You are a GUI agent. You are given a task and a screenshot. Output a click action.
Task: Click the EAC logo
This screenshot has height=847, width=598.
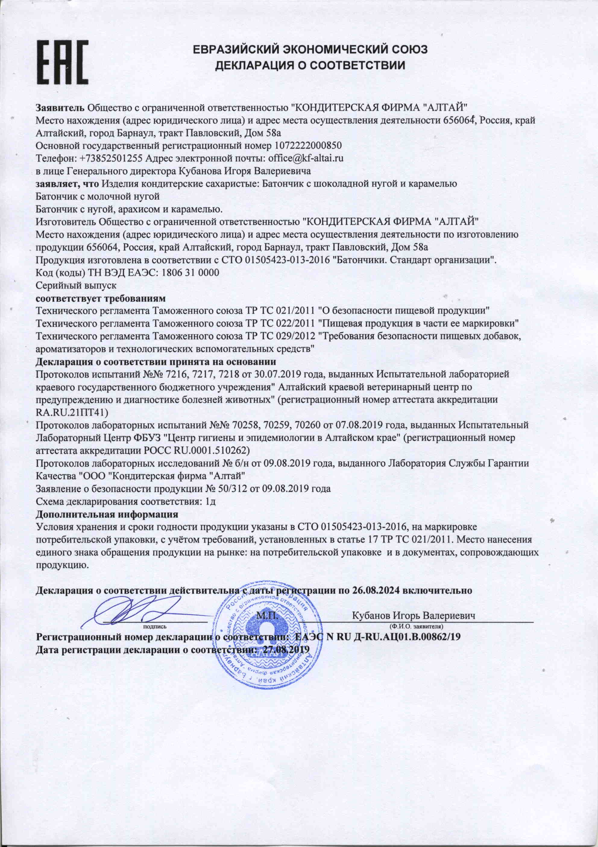(x=62, y=62)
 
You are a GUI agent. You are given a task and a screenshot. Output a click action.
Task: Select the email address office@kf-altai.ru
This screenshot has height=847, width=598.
(x=306, y=158)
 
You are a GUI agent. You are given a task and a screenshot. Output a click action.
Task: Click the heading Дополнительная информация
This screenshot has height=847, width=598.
(x=107, y=514)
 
